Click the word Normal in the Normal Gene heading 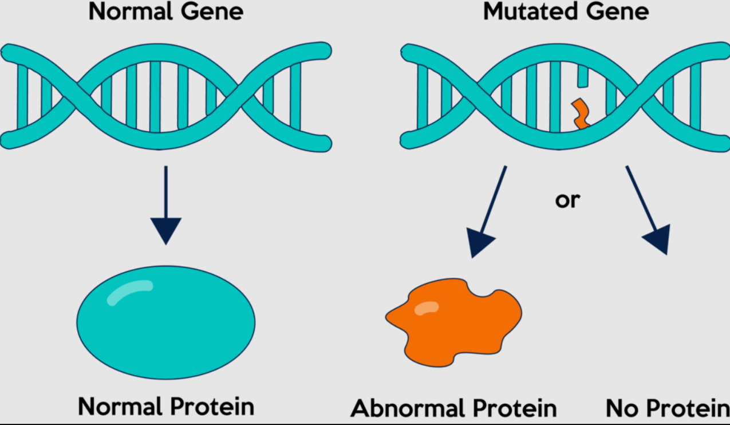click(x=131, y=11)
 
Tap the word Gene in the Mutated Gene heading click(x=617, y=11)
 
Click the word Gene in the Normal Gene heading click(x=212, y=11)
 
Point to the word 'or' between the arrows click(x=568, y=200)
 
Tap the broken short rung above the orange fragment click(x=583, y=76)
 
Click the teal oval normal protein click(x=166, y=322)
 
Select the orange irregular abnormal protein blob click(x=453, y=322)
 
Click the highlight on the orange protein click(x=427, y=308)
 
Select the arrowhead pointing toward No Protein click(x=658, y=239)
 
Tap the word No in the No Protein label click(x=622, y=408)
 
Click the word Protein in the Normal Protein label click(x=212, y=407)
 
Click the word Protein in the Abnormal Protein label click(x=515, y=408)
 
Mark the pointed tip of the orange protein click(x=386, y=317)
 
